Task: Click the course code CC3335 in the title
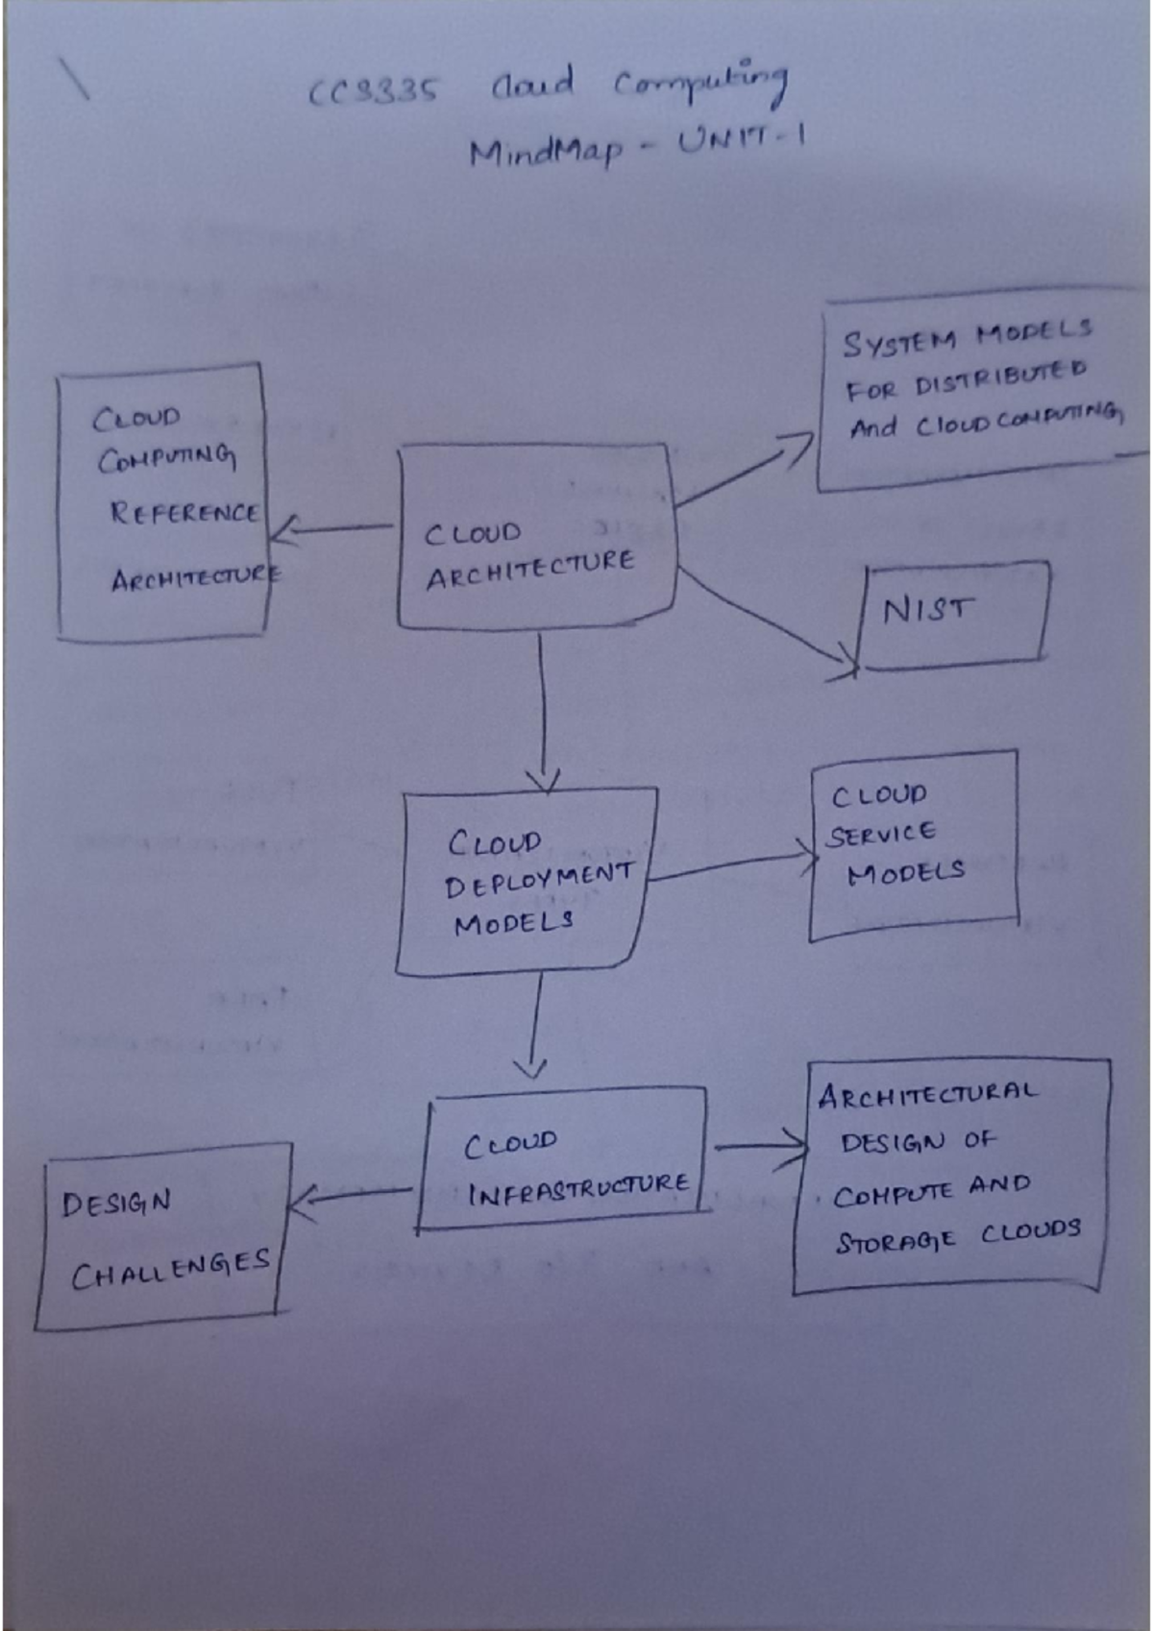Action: pos(374,91)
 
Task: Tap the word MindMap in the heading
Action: pos(545,152)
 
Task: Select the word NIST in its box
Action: pos(927,609)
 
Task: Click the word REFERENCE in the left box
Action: pos(184,512)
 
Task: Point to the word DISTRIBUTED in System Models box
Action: pos(1000,378)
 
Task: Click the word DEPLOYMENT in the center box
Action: pos(538,879)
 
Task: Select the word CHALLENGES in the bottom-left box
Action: pos(170,1270)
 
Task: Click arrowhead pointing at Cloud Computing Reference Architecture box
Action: pos(284,528)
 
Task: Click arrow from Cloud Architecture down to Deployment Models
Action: pos(543,711)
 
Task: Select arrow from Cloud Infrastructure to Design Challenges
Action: pos(351,1195)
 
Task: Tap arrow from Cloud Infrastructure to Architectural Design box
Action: pos(759,1146)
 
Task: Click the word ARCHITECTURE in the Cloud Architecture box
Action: pos(530,570)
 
